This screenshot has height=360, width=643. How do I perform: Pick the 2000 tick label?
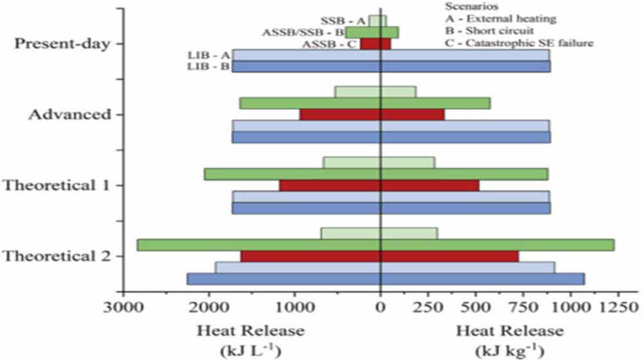[x=210, y=307]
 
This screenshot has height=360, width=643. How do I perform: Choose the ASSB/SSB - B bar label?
[x=303, y=32]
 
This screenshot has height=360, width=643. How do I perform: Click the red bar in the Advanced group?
[x=372, y=114]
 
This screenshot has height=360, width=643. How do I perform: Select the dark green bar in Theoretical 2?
[x=376, y=245]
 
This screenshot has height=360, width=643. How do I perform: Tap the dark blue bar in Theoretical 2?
[x=386, y=279]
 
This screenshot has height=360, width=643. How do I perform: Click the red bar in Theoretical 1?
[x=379, y=186]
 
